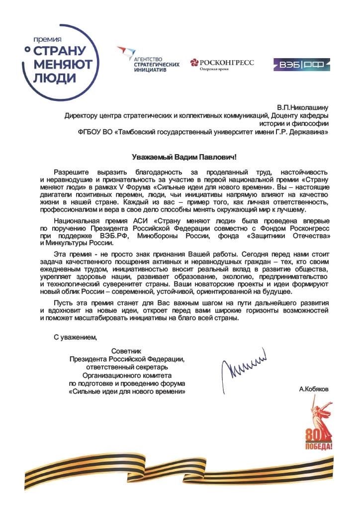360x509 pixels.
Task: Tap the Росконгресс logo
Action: (x=222, y=64)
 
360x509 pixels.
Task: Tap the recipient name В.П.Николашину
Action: (x=305, y=106)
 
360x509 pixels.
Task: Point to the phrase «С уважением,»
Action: (x=76, y=338)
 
